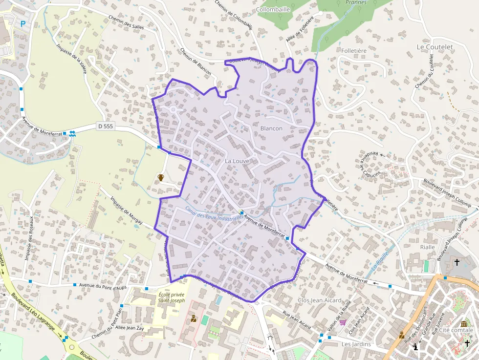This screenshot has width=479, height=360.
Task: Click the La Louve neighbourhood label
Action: [x=237, y=161]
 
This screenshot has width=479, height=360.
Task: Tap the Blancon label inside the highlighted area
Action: [x=271, y=128]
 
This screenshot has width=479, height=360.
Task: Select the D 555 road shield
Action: [x=105, y=126]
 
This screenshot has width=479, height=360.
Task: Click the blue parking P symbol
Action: [x=22, y=23]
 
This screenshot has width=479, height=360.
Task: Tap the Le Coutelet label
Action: [x=435, y=47]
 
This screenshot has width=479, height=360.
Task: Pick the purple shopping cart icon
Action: [x=343, y=322]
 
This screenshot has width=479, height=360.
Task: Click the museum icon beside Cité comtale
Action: [x=463, y=324]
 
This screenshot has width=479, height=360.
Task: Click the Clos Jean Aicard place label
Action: [x=319, y=300]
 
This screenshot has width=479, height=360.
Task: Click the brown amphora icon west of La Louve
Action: [x=161, y=177]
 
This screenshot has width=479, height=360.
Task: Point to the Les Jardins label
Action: [x=356, y=344]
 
